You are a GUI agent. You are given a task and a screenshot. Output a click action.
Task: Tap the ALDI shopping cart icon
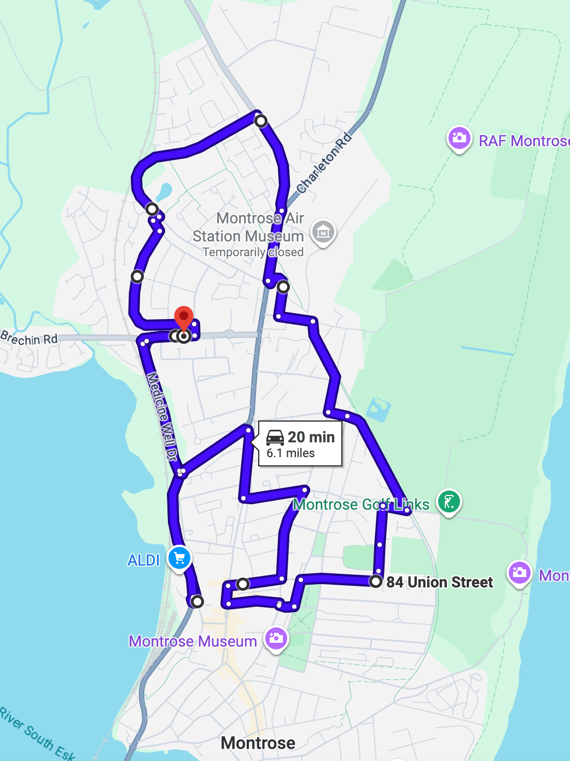(179, 558)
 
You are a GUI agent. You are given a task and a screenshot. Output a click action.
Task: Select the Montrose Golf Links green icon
(449, 501)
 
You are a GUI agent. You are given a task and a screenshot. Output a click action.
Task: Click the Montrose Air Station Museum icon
(323, 232)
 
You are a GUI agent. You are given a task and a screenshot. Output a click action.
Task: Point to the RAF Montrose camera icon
(459, 138)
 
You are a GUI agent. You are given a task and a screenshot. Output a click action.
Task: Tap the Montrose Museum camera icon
(276, 638)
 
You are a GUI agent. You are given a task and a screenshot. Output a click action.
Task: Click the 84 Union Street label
(439, 582)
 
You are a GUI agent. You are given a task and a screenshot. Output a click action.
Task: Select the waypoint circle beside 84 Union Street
(375, 581)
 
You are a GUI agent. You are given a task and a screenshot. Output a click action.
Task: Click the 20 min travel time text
(311, 437)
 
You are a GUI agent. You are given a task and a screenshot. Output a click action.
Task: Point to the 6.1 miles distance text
(290, 453)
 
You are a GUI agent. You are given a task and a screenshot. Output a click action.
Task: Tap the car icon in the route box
(275, 437)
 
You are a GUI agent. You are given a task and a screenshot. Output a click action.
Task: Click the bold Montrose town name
(258, 743)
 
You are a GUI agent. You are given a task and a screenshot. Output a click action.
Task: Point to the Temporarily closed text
(253, 252)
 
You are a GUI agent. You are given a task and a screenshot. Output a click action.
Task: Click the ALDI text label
(143, 560)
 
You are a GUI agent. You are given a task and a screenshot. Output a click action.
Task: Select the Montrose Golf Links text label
(361, 504)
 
